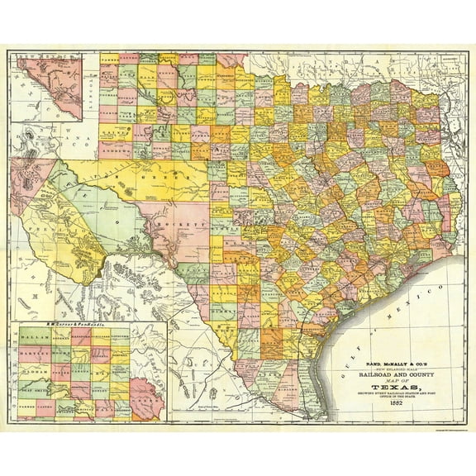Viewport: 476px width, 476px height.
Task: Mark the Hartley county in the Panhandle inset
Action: click(x=36, y=356)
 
